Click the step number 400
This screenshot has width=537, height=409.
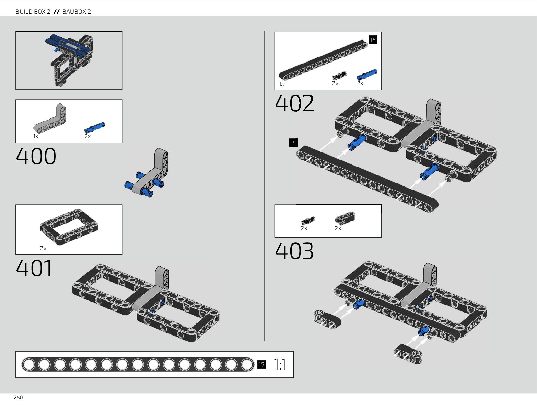tap(36, 157)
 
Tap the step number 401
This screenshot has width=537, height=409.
tap(34, 268)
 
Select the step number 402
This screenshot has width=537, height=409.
tap(294, 103)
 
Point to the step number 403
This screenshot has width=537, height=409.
tap(294, 251)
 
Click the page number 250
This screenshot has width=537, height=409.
tap(18, 398)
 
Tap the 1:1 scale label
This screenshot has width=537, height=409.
tap(280, 364)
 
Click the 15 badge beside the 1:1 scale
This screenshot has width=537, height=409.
tap(261, 364)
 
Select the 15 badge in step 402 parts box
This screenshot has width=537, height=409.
tap(373, 40)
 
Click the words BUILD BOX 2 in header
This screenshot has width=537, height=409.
tap(33, 12)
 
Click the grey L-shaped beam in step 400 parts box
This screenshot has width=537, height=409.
tap(50, 118)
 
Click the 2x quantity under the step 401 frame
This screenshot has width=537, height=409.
tap(43, 248)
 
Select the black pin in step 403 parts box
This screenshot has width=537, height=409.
tap(308, 220)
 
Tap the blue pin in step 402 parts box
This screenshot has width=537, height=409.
tap(367, 75)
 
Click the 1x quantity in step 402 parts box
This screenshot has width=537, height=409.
tap(281, 84)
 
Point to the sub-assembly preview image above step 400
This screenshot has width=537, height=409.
tap(69, 60)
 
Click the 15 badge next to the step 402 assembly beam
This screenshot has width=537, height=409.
tap(293, 143)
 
